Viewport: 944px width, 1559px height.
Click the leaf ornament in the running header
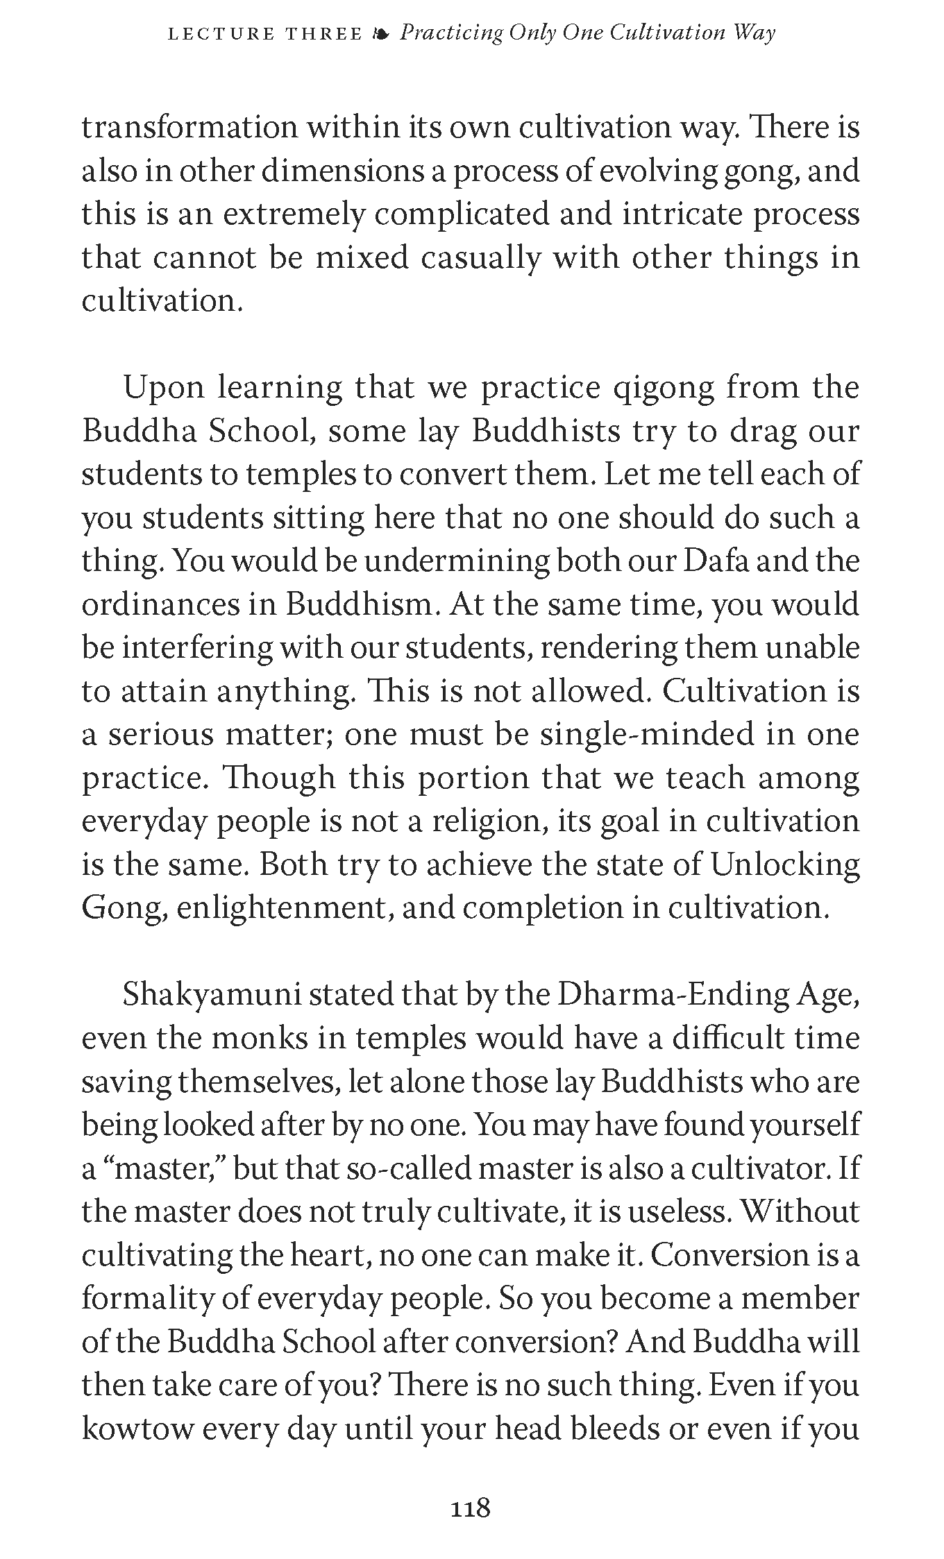pos(381,34)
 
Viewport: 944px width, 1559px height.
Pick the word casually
pos(481,258)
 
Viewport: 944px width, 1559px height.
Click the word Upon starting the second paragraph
pos(163,388)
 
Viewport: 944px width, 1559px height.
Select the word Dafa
pos(715,561)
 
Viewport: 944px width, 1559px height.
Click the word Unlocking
pos(785,864)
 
